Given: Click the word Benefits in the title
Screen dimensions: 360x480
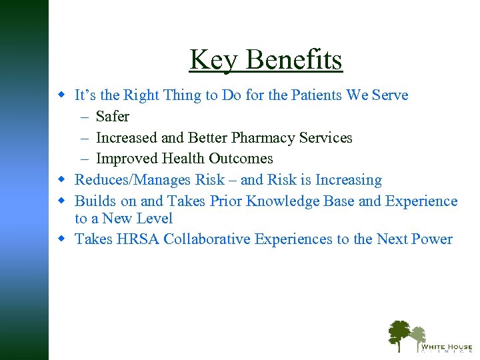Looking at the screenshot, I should coord(294,60).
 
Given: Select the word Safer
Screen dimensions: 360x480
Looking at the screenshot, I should coord(113,117).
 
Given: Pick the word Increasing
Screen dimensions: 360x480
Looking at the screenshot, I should coord(348,180).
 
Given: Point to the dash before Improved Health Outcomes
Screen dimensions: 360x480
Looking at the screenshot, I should coord(86,159).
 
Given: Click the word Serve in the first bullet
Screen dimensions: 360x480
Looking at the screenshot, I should coord(389,95).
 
